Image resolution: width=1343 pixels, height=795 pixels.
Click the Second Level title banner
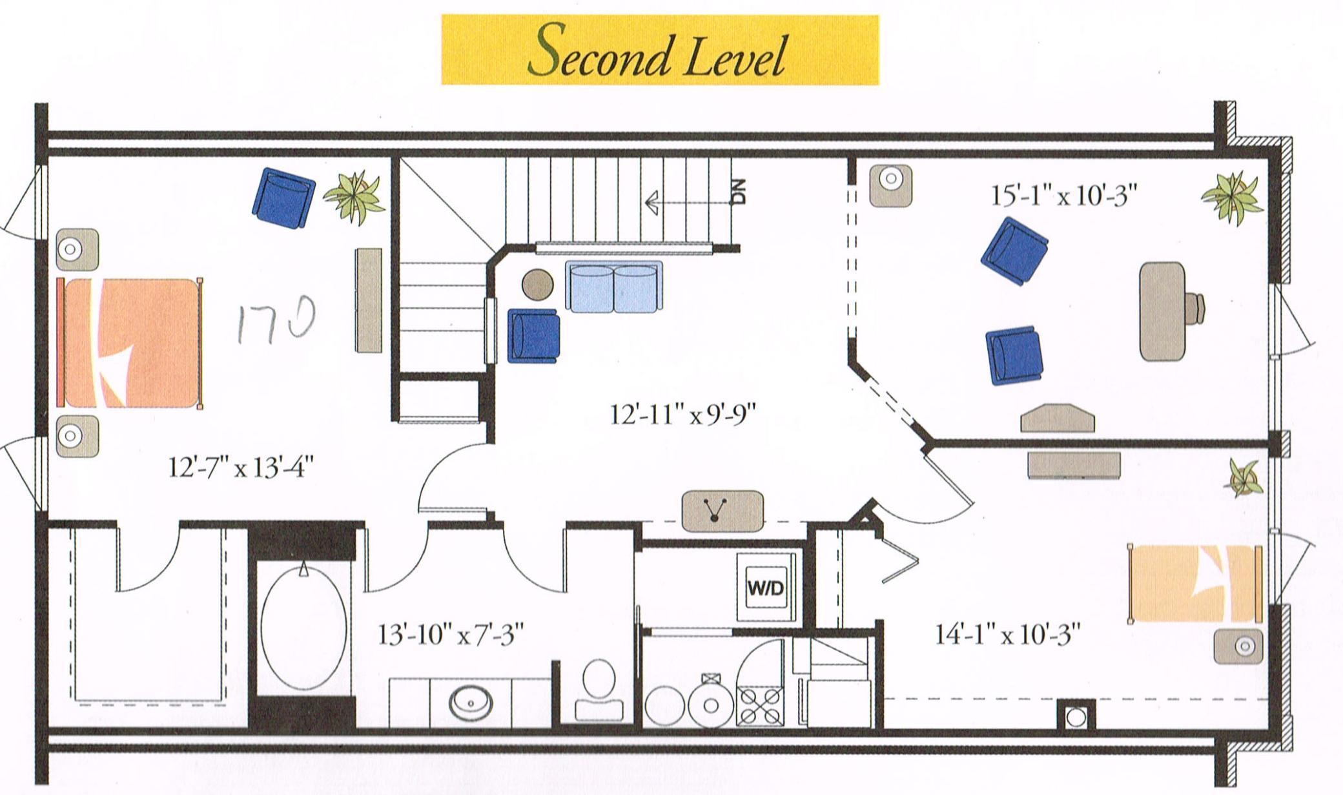coord(659,50)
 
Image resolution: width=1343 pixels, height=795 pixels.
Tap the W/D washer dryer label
coord(766,588)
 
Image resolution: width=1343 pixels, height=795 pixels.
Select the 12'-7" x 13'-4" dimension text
coord(241,466)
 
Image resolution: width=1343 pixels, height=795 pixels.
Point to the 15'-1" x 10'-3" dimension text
coord(1063,194)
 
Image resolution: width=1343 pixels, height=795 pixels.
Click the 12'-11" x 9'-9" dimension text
coord(682,414)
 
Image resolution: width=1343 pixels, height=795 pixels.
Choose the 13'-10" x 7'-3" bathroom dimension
coord(450,634)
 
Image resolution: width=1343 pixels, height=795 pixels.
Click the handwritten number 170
coord(276,319)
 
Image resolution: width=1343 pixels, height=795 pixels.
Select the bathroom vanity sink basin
coord(471,703)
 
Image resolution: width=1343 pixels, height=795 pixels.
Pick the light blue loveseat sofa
coord(613,287)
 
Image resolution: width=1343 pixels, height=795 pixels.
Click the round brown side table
coord(537,284)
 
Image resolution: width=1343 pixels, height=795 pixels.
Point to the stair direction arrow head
coord(651,202)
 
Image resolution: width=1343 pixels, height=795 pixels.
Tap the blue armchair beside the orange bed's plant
coord(283,197)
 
